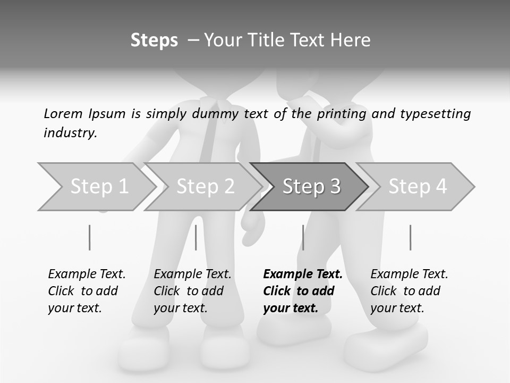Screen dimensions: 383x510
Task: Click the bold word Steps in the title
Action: (154, 40)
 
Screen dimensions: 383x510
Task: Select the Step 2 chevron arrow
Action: (205, 186)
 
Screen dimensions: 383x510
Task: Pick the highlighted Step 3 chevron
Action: (311, 186)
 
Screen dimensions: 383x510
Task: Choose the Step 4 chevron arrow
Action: (418, 186)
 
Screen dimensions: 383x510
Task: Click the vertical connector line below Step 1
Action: (89, 237)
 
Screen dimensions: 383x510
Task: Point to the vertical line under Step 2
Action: (196, 237)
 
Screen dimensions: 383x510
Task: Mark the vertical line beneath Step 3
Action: (303, 237)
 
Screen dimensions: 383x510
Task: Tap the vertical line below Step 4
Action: (410, 237)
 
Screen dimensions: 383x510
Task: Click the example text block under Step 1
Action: (87, 291)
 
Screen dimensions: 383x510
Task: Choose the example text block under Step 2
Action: (192, 291)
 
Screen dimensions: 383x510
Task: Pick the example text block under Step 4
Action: (409, 291)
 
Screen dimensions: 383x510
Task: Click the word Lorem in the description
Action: (63, 113)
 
